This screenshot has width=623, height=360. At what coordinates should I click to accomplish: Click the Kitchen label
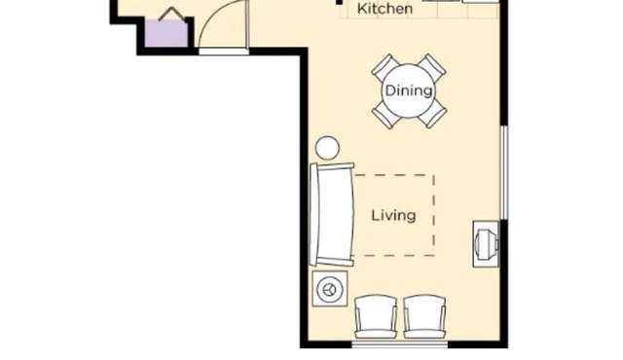click(x=385, y=9)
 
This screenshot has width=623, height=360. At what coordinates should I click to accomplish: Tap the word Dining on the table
click(x=408, y=91)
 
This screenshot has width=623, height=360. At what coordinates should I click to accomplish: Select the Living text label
click(x=393, y=215)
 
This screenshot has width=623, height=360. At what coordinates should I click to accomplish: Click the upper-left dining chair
click(x=384, y=68)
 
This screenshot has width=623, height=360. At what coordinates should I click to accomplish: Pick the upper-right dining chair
click(x=433, y=67)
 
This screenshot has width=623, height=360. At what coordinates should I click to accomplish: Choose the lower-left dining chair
click(x=385, y=117)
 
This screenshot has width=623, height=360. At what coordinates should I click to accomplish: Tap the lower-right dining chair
click(x=434, y=116)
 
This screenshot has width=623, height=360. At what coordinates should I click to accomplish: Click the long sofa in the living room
click(x=331, y=215)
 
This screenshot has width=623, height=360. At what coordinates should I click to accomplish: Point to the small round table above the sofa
click(x=327, y=148)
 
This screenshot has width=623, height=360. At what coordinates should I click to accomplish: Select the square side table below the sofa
click(x=329, y=289)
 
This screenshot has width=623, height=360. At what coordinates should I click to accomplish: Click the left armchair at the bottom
click(x=376, y=316)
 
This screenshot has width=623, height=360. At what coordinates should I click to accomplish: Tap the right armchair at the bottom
click(x=424, y=316)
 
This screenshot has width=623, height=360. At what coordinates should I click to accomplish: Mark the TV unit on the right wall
click(x=486, y=243)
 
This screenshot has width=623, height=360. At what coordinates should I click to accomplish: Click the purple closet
click(x=166, y=33)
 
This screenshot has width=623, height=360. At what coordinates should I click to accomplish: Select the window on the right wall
click(x=503, y=171)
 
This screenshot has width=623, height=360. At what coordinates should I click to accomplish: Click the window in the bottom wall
click(x=399, y=342)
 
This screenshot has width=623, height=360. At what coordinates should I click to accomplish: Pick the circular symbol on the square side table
click(x=329, y=289)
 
